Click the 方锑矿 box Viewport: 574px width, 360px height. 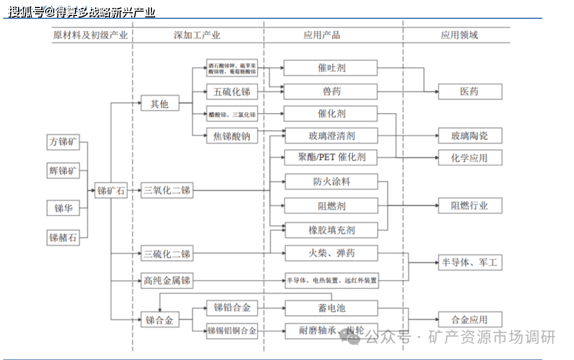pos(63,143)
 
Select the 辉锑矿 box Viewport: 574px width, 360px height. pos(63,171)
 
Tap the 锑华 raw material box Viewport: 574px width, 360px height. pos(63,208)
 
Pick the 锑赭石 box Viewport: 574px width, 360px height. pos(63,238)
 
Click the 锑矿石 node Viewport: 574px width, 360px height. pos(111,190)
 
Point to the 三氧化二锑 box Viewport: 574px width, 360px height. pos(167,190)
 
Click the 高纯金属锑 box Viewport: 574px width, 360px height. pos(167,280)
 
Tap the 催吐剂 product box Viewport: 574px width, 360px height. pos(331,68)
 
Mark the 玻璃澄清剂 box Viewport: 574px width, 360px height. pos(331,136)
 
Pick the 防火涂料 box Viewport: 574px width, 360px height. pos(331,182)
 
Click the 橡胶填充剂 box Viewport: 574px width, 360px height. pos(331,230)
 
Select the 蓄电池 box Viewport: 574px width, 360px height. pos(331,308)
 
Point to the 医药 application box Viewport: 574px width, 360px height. pos(469,91)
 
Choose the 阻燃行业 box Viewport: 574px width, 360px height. pos(469,206)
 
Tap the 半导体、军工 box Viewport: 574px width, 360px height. pos(469,262)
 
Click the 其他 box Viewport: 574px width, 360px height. pos(159,104)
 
